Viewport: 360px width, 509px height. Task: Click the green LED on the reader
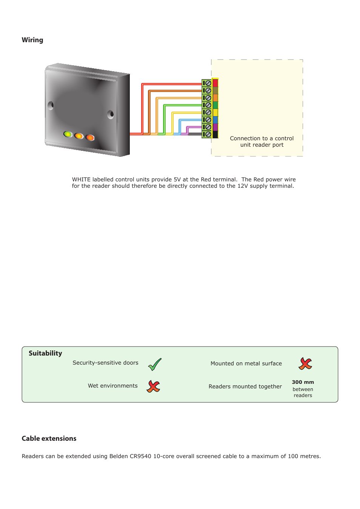coord(68,134)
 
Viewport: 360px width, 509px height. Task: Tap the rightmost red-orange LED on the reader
coord(90,137)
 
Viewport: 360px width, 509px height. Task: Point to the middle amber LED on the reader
coord(79,136)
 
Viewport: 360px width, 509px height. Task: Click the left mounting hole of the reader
coord(51,105)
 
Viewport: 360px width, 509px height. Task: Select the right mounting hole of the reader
coord(111,114)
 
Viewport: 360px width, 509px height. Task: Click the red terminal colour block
coord(215,83)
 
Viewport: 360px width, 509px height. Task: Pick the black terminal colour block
coord(215,134)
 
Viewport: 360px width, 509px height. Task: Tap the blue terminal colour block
coord(215,120)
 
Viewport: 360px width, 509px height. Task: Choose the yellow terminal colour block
coord(215,112)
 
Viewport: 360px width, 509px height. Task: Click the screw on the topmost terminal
coord(208,83)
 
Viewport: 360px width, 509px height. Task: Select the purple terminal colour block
coord(215,127)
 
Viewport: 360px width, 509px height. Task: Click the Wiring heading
coord(32,40)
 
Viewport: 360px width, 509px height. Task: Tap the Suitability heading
coord(45,353)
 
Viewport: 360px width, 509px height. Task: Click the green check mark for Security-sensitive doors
coord(155,364)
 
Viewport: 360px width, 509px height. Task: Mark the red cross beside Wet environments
coord(153,386)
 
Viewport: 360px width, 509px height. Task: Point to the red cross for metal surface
coord(305,363)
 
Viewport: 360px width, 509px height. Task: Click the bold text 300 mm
coord(303,382)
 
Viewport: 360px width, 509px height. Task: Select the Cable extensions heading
coord(49,438)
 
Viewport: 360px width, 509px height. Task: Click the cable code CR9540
coord(140,456)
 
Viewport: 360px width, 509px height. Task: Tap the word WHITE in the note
coord(81,179)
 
